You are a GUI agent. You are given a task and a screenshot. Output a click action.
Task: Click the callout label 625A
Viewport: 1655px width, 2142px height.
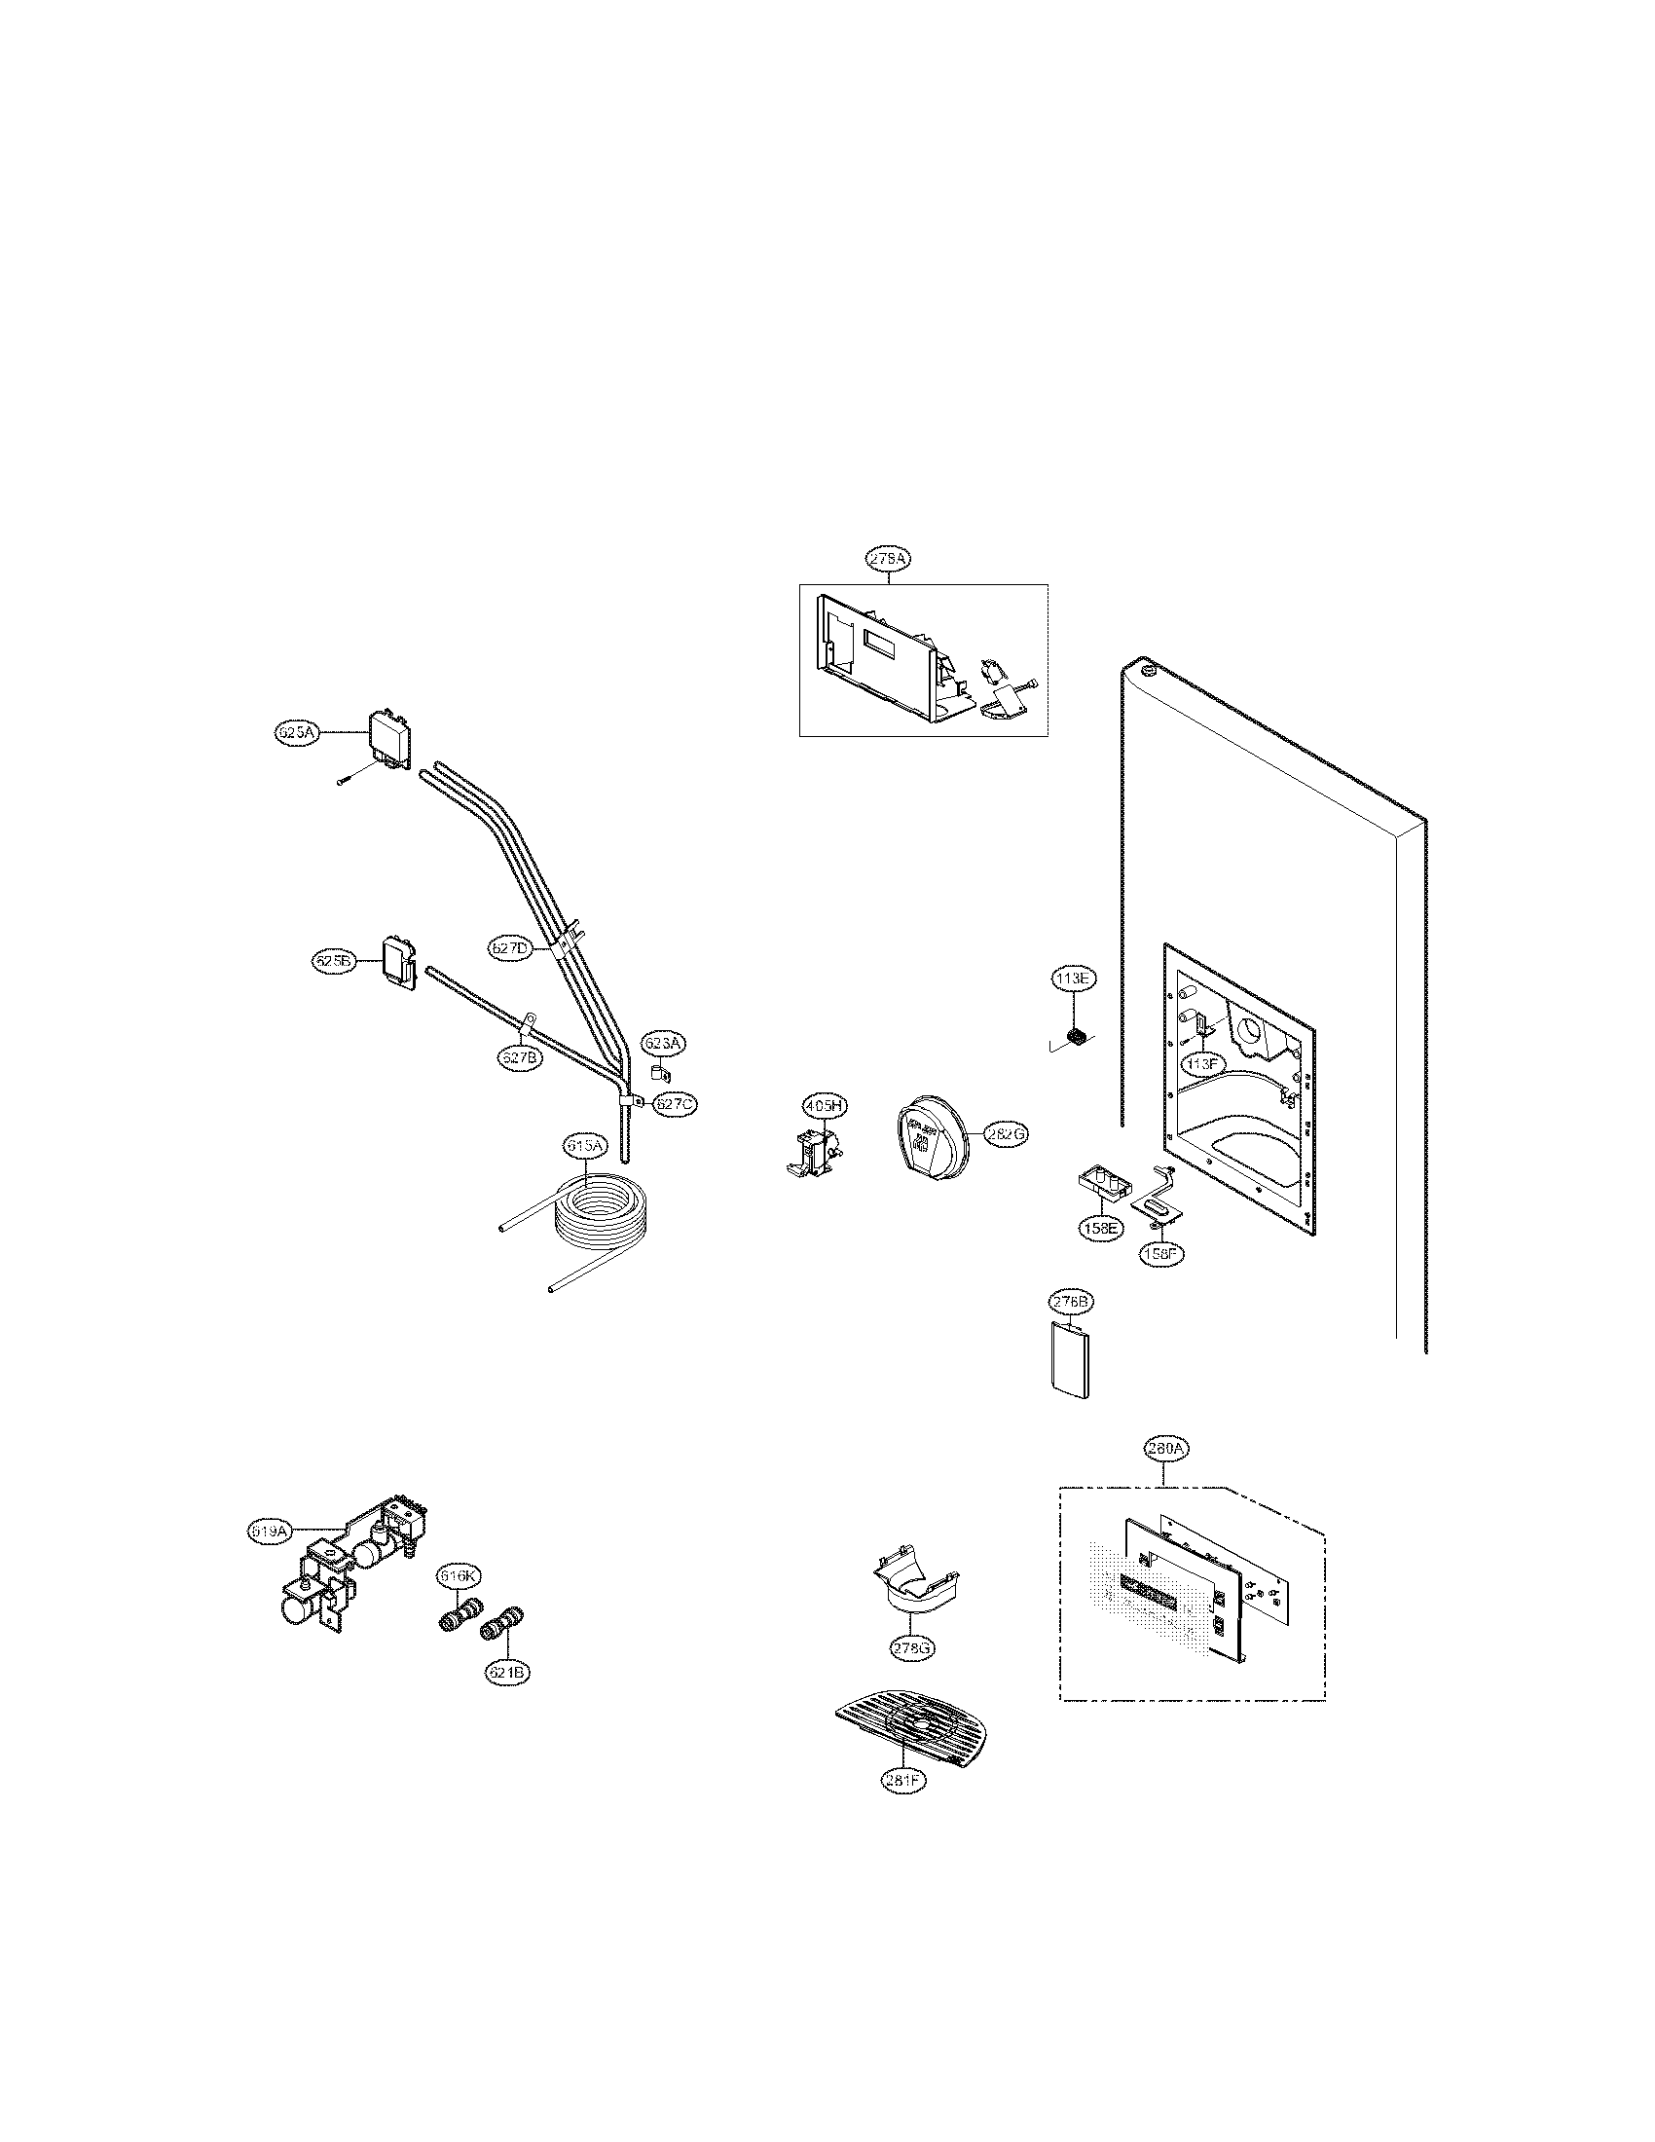coord(295,731)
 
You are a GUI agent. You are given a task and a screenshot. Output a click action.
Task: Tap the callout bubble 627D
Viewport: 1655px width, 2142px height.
coord(509,947)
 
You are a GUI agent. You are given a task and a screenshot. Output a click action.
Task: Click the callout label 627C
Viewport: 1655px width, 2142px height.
coord(675,1103)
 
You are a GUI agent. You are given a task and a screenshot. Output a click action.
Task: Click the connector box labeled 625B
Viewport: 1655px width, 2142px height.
coord(397,958)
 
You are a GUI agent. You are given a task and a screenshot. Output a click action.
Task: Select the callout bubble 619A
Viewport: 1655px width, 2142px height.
coord(269,1556)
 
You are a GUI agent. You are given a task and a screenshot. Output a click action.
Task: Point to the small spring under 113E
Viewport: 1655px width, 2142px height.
coord(1077,1036)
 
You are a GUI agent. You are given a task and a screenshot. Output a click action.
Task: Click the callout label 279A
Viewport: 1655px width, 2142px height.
coord(887,558)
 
